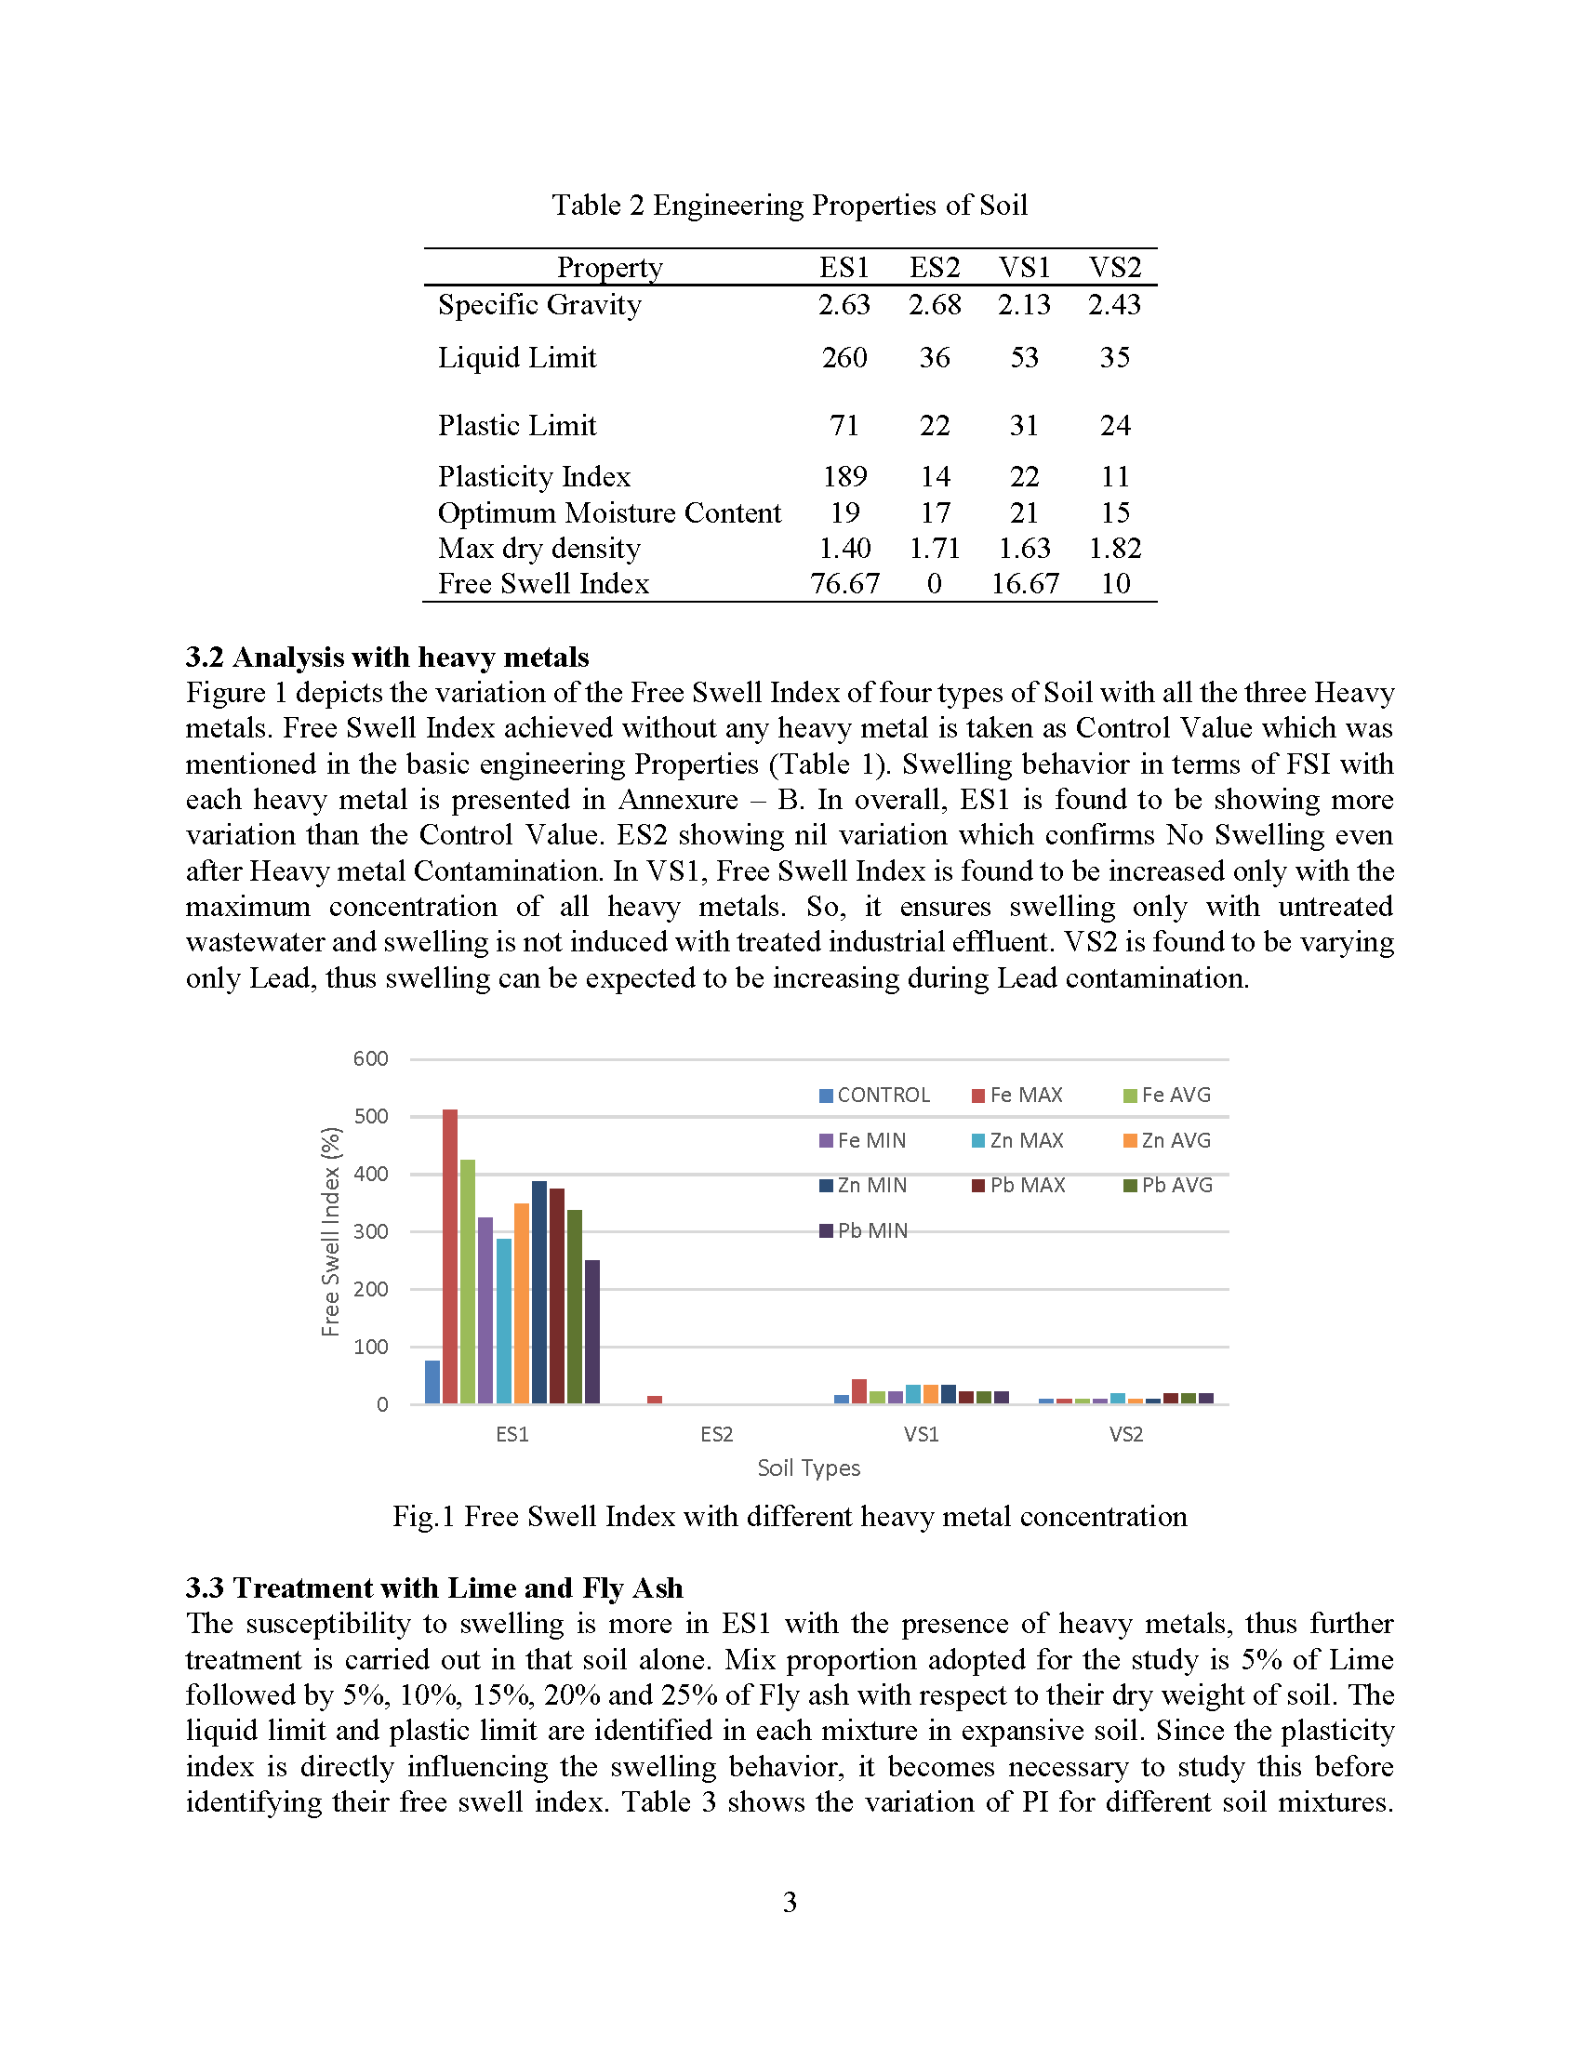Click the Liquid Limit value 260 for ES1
coord(844,357)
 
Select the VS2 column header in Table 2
coord(1114,268)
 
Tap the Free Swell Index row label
coord(543,584)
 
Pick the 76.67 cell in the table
coord(844,584)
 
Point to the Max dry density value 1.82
coord(1114,548)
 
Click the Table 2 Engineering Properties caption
coord(790,206)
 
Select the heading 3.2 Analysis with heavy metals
coord(387,657)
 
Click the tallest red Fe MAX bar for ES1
coord(449,1255)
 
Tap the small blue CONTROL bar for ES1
coord(432,1382)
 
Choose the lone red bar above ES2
coord(655,1399)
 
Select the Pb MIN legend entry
coord(864,1230)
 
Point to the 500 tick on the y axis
coord(370,1117)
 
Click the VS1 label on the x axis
coord(921,1434)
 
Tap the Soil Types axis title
coord(808,1468)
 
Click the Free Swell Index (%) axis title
coord(331,1231)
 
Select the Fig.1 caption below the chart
coord(790,1516)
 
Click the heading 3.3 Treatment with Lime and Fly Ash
coord(433,1588)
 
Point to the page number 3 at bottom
coord(790,1902)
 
